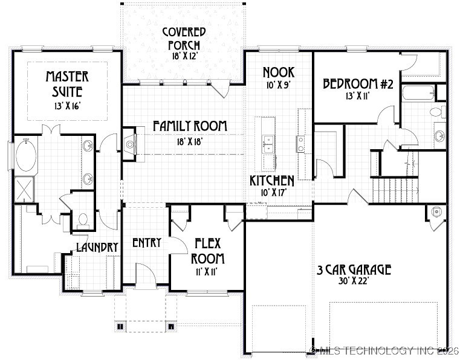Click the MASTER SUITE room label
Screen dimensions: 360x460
click(67, 85)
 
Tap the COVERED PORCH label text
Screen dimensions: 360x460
click(184, 38)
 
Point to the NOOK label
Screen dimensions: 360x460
click(278, 73)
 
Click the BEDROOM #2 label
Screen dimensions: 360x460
click(358, 84)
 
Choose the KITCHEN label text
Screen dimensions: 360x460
click(273, 181)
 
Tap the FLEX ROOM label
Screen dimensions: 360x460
click(209, 251)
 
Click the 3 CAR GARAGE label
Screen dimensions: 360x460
click(354, 269)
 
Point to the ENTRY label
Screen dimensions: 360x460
click(146, 243)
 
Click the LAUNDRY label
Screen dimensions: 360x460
click(97, 246)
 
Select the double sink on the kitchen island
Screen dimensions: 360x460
click(267, 144)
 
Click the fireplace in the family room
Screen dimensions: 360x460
click(129, 145)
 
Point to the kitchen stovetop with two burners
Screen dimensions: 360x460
click(300, 143)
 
